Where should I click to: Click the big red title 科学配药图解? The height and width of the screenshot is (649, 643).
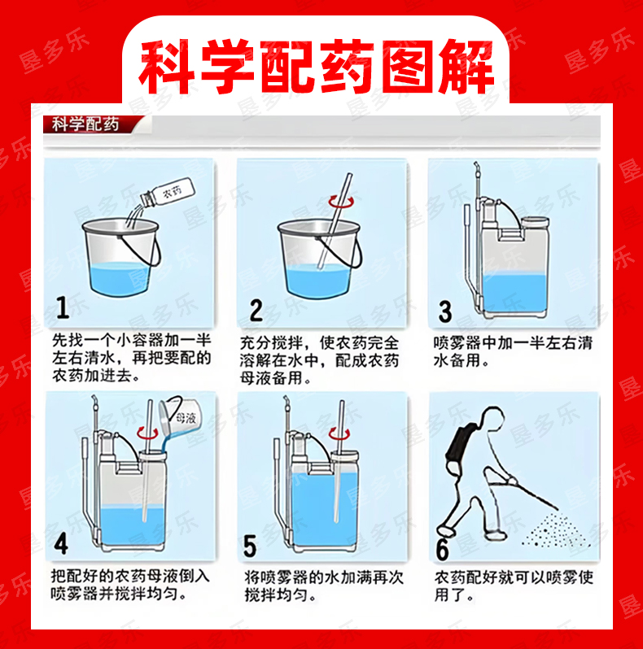tap(316, 66)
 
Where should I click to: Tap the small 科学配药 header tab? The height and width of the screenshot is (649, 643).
tap(85, 124)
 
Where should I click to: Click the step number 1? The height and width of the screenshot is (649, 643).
tap(63, 307)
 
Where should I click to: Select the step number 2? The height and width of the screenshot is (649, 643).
tap(256, 311)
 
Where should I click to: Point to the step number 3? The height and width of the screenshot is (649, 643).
tap(445, 311)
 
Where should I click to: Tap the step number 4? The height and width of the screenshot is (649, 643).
tap(61, 543)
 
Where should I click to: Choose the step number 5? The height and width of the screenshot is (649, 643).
tap(250, 546)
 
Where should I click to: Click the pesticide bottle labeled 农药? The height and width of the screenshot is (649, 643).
tap(168, 193)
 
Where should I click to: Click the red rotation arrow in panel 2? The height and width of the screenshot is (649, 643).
tap(341, 202)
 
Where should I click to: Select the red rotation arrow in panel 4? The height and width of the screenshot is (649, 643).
tap(148, 433)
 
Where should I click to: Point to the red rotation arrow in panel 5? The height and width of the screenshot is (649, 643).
tap(339, 433)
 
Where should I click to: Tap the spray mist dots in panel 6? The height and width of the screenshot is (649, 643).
tap(553, 530)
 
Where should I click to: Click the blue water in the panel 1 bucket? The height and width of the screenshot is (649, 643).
tap(120, 279)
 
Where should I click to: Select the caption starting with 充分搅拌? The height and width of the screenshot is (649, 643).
tap(319, 360)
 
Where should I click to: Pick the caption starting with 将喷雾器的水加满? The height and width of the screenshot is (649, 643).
tap(324, 586)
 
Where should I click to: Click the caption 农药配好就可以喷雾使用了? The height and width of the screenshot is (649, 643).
tap(514, 586)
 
